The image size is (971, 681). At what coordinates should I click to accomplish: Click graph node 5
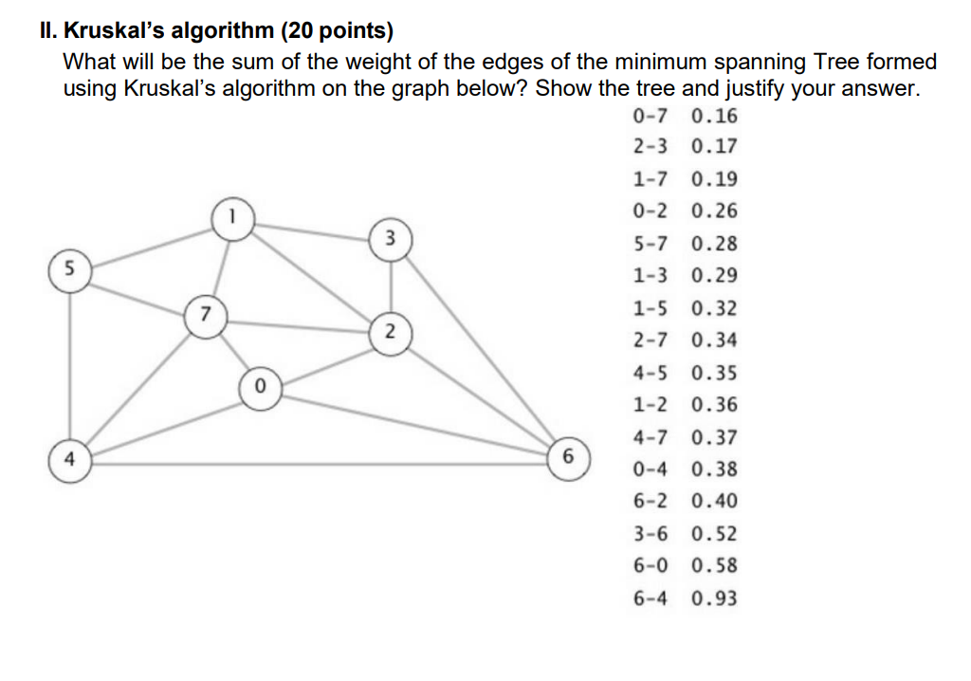point(69,268)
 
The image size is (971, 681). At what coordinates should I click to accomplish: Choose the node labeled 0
point(260,388)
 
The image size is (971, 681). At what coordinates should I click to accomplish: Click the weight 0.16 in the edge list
point(715,117)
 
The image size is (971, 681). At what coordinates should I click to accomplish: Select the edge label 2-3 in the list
point(650,148)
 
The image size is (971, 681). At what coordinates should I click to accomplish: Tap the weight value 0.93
point(715,598)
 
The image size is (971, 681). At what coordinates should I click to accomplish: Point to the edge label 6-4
point(650,598)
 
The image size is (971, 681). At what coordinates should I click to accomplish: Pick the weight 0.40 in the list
point(715,502)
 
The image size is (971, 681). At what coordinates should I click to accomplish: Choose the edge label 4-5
point(650,373)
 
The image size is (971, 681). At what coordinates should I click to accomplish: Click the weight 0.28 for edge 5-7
point(715,244)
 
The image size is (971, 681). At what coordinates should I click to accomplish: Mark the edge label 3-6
point(650,534)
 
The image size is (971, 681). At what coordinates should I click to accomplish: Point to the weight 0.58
point(715,566)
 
